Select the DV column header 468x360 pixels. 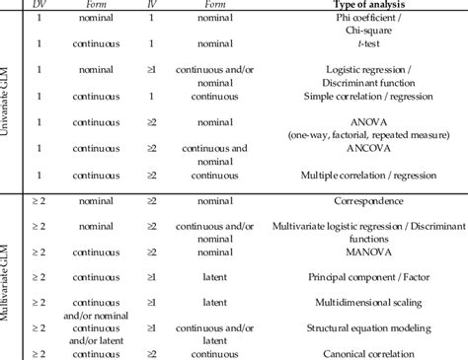click(x=40, y=5)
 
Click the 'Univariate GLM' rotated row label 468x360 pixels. click(x=11, y=99)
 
